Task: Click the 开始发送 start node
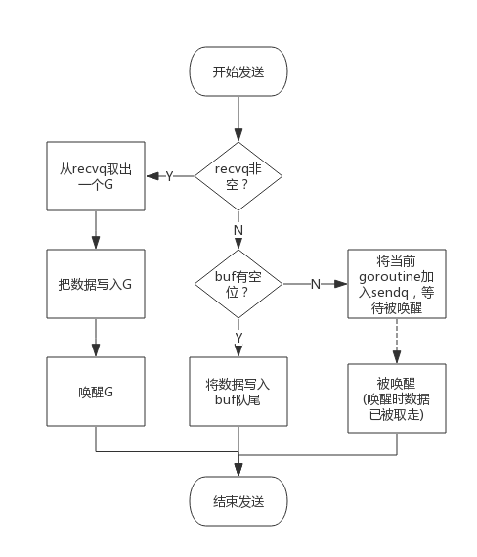tap(238, 71)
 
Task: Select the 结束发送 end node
tap(238, 501)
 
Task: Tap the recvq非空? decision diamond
tap(238, 176)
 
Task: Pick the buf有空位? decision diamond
tap(238, 284)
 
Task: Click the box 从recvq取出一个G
tap(96, 176)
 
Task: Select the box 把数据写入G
tap(96, 284)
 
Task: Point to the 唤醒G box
tap(96, 392)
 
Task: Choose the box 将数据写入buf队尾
tap(238, 392)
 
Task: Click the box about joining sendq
tap(397, 284)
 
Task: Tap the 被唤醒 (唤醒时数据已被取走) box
tap(397, 399)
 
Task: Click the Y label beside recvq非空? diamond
tap(169, 176)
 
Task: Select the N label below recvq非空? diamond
tap(238, 230)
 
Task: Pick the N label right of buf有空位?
tap(315, 284)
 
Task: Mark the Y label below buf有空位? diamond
tap(238, 338)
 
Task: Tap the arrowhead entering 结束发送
tap(238, 471)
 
